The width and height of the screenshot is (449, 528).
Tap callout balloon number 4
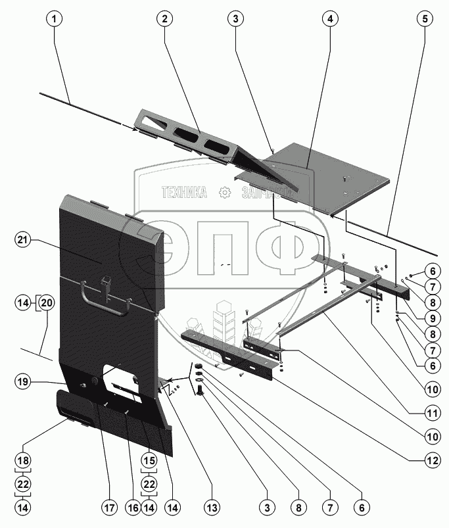(x=327, y=19)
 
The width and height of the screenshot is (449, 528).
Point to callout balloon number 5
(x=425, y=19)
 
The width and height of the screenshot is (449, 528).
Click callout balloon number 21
(x=22, y=241)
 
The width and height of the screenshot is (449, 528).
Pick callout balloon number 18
(x=22, y=460)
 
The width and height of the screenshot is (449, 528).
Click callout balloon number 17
(x=108, y=508)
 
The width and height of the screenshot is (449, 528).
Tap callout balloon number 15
(x=150, y=460)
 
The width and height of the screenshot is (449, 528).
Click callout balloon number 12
(x=430, y=460)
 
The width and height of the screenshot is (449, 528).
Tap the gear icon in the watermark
(x=225, y=192)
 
